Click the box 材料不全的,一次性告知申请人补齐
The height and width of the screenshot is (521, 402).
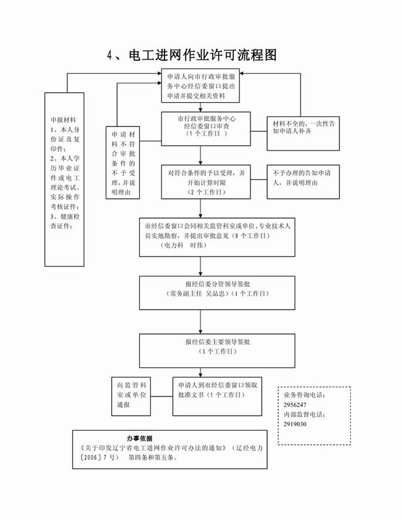303,133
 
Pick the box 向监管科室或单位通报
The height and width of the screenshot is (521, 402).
131,395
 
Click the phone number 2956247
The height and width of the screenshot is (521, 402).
295,405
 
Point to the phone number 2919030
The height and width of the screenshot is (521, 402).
295,424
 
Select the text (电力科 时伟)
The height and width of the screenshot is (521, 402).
182,245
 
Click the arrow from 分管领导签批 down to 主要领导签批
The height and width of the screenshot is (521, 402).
200,320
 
